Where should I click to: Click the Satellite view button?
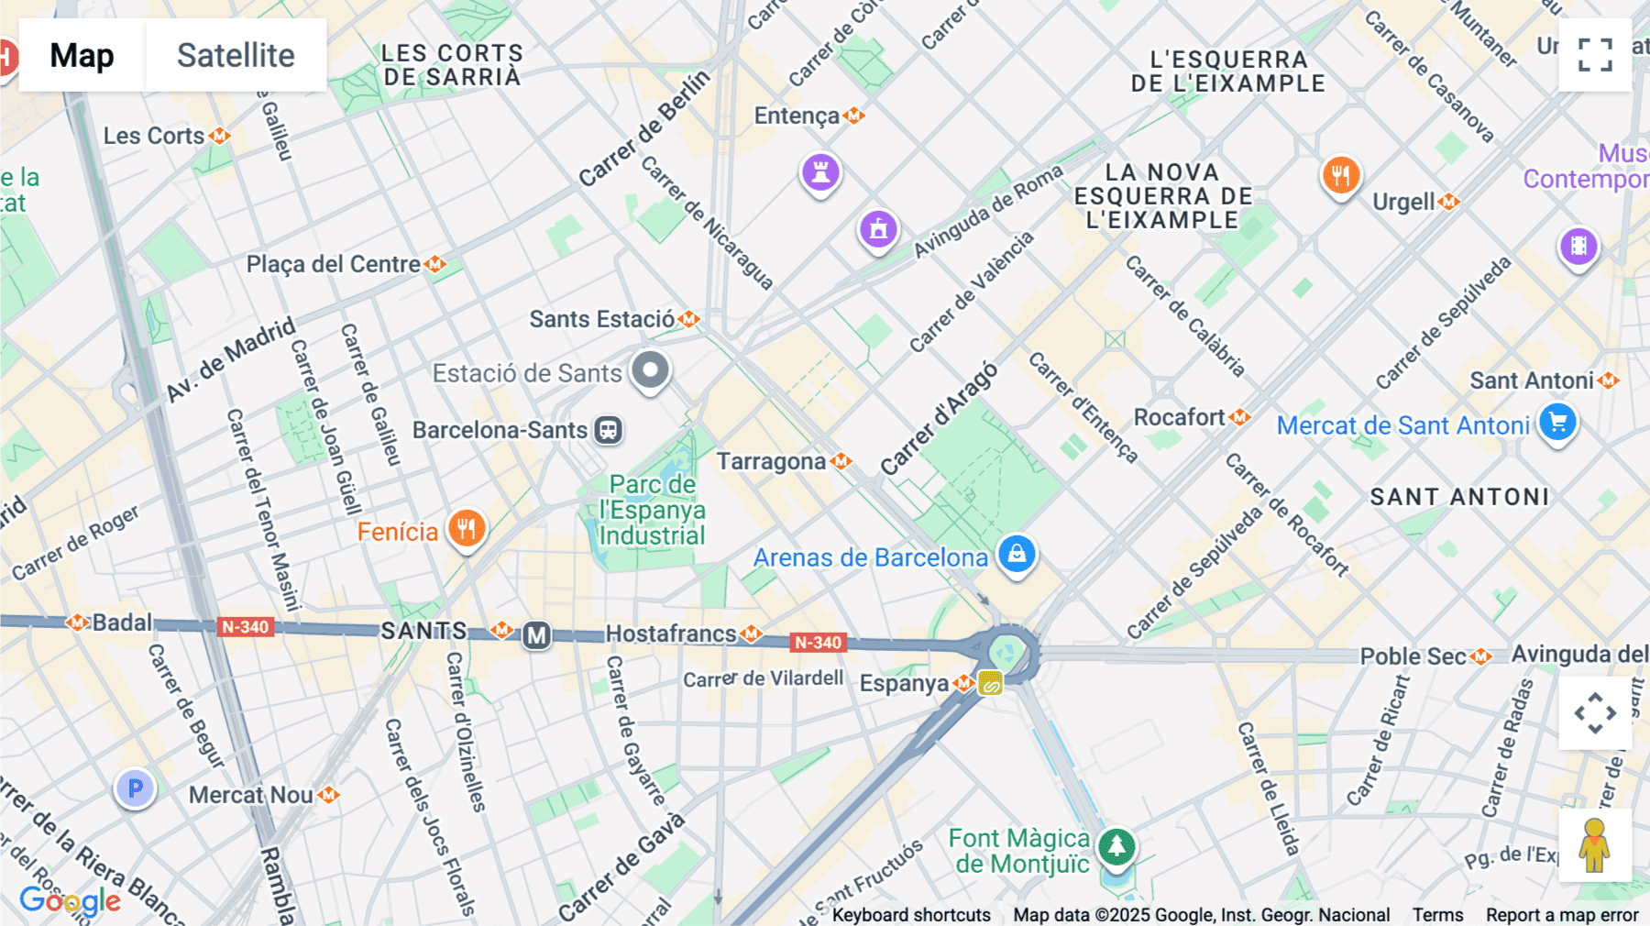[x=236, y=55]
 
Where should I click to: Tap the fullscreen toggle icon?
[x=1595, y=55]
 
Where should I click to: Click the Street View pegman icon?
[x=1595, y=845]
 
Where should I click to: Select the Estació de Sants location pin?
[x=651, y=370]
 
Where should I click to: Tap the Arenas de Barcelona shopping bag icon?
[x=1017, y=554]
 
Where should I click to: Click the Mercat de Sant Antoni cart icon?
[x=1557, y=423]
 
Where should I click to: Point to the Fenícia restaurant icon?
[x=467, y=529]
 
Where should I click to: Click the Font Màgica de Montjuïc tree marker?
[x=1116, y=846]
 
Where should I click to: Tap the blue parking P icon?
[x=136, y=788]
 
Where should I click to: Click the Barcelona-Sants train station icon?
[x=608, y=430]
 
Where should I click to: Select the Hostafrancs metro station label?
[x=671, y=634]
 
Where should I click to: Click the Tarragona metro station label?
[x=771, y=461]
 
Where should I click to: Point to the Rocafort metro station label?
[x=1180, y=417]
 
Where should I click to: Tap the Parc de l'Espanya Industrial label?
[x=652, y=510]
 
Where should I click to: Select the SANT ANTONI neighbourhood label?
[x=1459, y=497]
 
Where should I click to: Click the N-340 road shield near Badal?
[x=246, y=627]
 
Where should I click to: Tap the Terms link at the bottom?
[x=1437, y=914]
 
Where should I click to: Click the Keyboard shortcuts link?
[x=911, y=914]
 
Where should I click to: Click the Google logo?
[x=70, y=900]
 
